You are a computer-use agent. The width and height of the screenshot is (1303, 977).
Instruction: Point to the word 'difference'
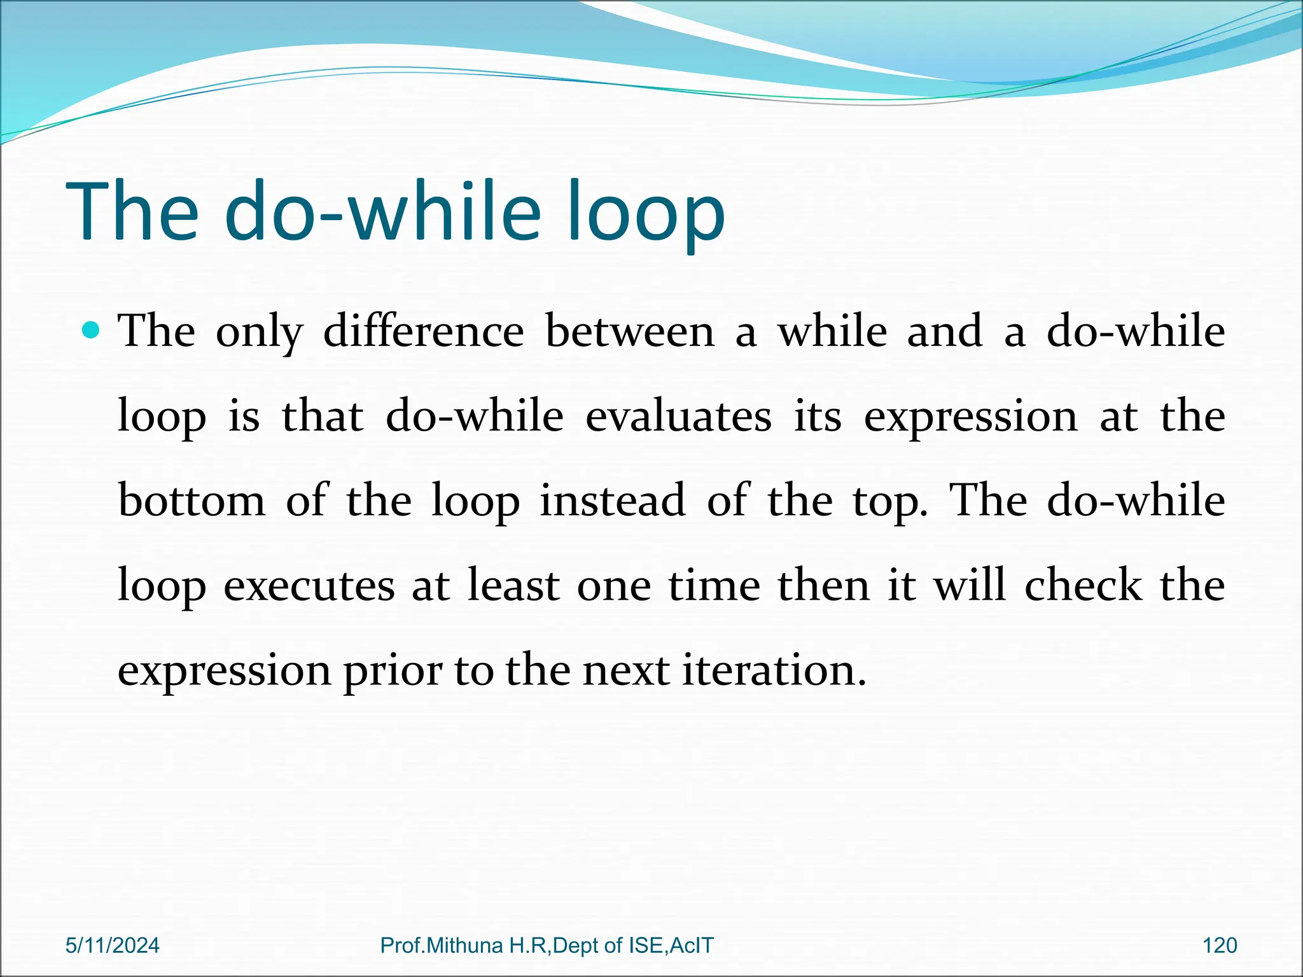click(x=423, y=331)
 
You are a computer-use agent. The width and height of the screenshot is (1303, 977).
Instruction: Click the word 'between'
click(x=630, y=331)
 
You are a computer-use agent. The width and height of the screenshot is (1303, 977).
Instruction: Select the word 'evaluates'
click(x=678, y=416)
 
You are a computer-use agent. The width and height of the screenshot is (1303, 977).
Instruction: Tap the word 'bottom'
click(x=192, y=501)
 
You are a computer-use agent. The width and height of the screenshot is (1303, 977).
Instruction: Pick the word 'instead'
click(x=613, y=501)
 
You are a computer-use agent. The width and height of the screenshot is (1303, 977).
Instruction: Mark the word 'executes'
click(x=309, y=585)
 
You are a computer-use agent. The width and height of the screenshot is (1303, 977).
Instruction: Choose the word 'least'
click(x=513, y=585)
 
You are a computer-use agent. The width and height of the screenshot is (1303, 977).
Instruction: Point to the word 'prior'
click(x=393, y=671)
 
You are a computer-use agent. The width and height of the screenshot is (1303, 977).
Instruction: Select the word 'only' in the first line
click(x=260, y=333)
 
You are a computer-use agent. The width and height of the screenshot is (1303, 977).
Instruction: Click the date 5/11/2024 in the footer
click(x=113, y=945)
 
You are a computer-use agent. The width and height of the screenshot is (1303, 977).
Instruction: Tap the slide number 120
click(x=1220, y=945)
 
